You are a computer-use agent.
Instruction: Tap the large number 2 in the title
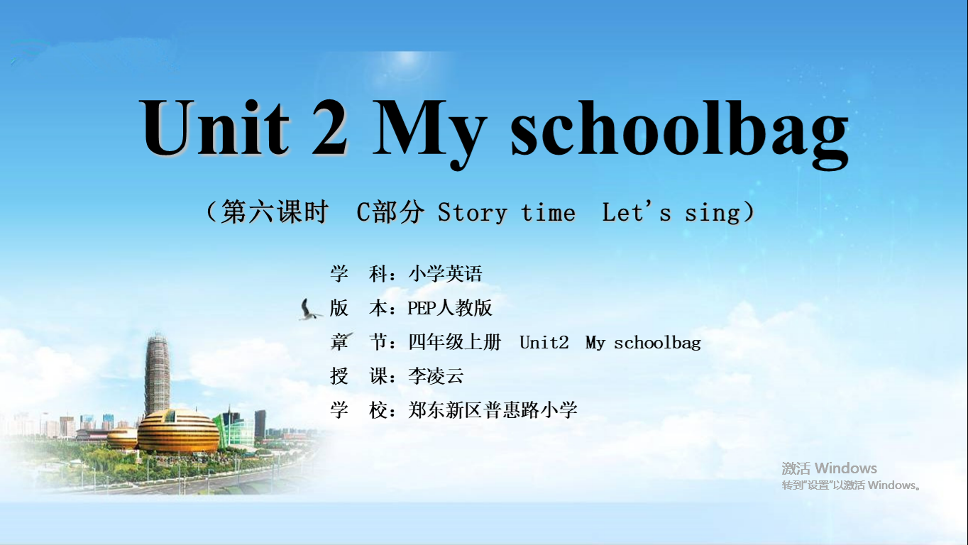pos(330,127)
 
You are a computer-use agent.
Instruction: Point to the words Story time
pos(507,213)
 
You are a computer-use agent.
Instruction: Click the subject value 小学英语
pos(445,274)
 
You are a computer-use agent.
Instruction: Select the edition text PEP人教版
pos(450,308)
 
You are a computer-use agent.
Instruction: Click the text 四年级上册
pos(455,342)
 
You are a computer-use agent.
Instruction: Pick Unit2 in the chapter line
pos(544,342)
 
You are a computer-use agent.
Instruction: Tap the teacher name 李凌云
pos(436,375)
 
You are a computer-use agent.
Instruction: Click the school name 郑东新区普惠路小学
pos(493,409)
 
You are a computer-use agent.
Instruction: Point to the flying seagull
pos(309,309)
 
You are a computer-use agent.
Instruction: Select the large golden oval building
pos(178,431)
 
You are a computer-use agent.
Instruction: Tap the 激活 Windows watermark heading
pos(829,468)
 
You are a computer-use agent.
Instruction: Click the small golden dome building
pos(122,439)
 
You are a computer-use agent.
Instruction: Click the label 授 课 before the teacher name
pos(358,375)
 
